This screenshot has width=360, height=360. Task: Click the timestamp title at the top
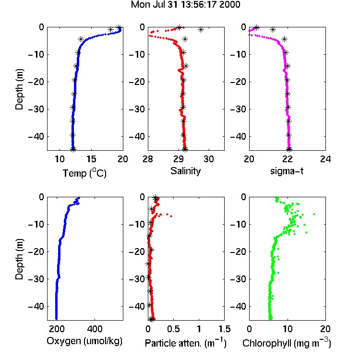[x=185, y=4]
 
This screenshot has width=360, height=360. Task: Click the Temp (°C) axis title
[x=84, y=173]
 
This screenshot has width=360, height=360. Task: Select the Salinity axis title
[x=185, y=171]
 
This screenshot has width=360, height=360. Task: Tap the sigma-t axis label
[x=287, y=171]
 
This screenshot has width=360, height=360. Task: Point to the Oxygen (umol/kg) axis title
[x=84, y=341]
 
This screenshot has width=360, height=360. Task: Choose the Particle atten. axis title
[x=185, y=343]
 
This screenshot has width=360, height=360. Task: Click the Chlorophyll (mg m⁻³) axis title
[x=287, y=343]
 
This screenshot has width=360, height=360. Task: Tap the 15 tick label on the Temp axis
[x=91, y=159]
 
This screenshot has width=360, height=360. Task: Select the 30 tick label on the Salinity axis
[x=209, y=159]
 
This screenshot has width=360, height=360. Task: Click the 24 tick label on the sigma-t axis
[x=325, y=159]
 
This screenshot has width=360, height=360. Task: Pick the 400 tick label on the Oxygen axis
[x=95, y=329]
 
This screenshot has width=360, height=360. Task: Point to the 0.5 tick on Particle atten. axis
[x=174, y=329]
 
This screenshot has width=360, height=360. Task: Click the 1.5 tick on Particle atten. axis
[x=224, y=329]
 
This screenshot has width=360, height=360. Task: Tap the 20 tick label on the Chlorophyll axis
[x=325, y=329]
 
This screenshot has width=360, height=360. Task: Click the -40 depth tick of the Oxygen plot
[x=36, y=306]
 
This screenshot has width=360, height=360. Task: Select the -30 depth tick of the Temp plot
[x=36, y=109]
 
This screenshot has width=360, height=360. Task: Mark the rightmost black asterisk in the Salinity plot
[x=201, y=30]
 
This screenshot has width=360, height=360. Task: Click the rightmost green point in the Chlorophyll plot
[x=314, y=214]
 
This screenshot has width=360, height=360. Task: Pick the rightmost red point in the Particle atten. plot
[x=171, y=216]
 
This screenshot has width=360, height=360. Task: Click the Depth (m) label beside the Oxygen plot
[x=19, y=259]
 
